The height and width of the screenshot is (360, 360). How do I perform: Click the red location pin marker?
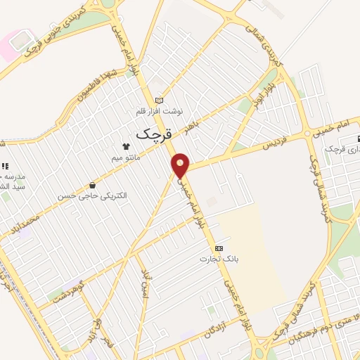tap(181, 165)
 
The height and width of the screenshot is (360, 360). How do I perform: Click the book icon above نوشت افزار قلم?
tap(159, 101)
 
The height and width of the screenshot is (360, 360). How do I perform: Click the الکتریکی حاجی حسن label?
tap(103, 195)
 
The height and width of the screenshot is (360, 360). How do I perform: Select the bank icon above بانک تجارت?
tap(219, 248)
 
